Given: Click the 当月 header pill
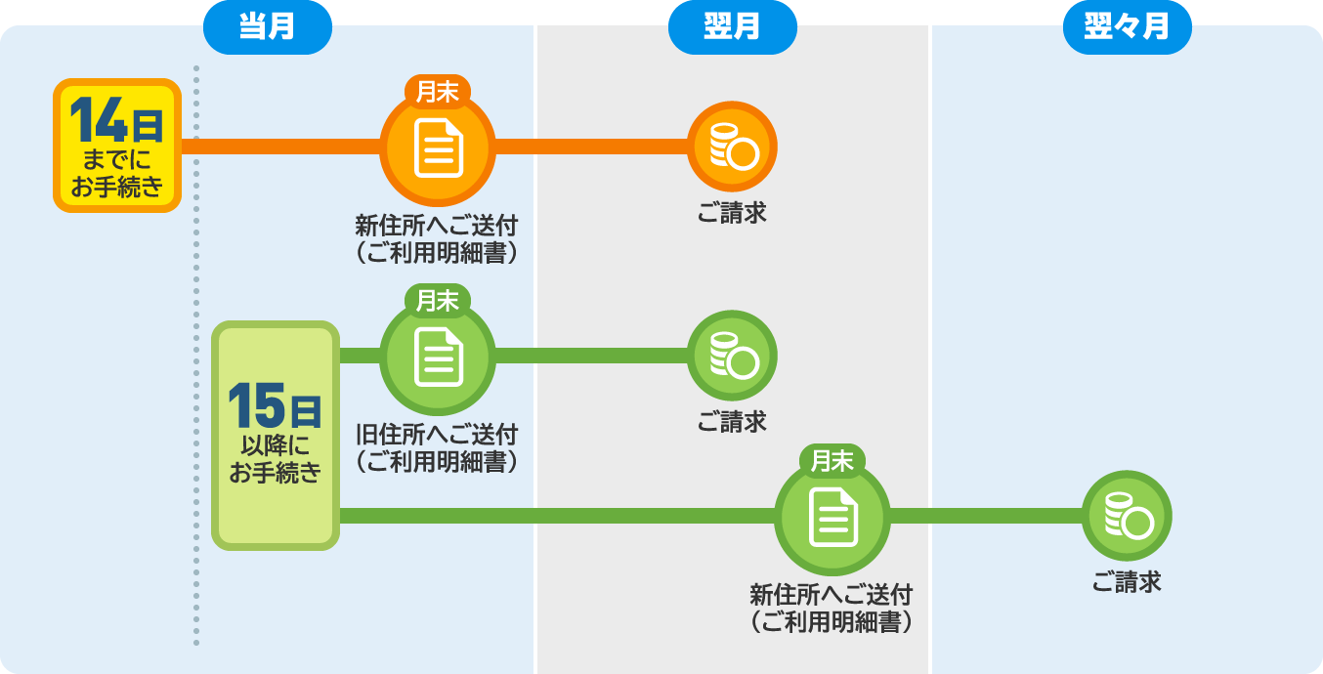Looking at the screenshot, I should (x=267, y=27).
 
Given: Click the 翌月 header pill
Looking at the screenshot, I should (x=732, y=27).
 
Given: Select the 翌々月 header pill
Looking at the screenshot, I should (x=1127, y=27).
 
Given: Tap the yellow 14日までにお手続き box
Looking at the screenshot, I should (x=117, y=146).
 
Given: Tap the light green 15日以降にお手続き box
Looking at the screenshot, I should (x=276, y=435).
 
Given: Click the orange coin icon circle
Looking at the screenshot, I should (x=732, y=147).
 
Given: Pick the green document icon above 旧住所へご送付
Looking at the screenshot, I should (x=438, y=358).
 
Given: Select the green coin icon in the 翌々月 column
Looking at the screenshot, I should (x=1127, y=516).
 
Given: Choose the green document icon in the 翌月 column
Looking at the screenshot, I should (x=832, y=519).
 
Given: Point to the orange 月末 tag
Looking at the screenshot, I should (x=438, y=91).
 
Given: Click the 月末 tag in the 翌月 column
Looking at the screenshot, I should (x=832, y=460).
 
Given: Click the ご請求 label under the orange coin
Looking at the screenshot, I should (x=732, y=213).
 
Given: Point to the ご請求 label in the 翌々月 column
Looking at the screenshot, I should (x=1127, y=582).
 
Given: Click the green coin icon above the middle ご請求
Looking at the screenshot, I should (x=732, y=356).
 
